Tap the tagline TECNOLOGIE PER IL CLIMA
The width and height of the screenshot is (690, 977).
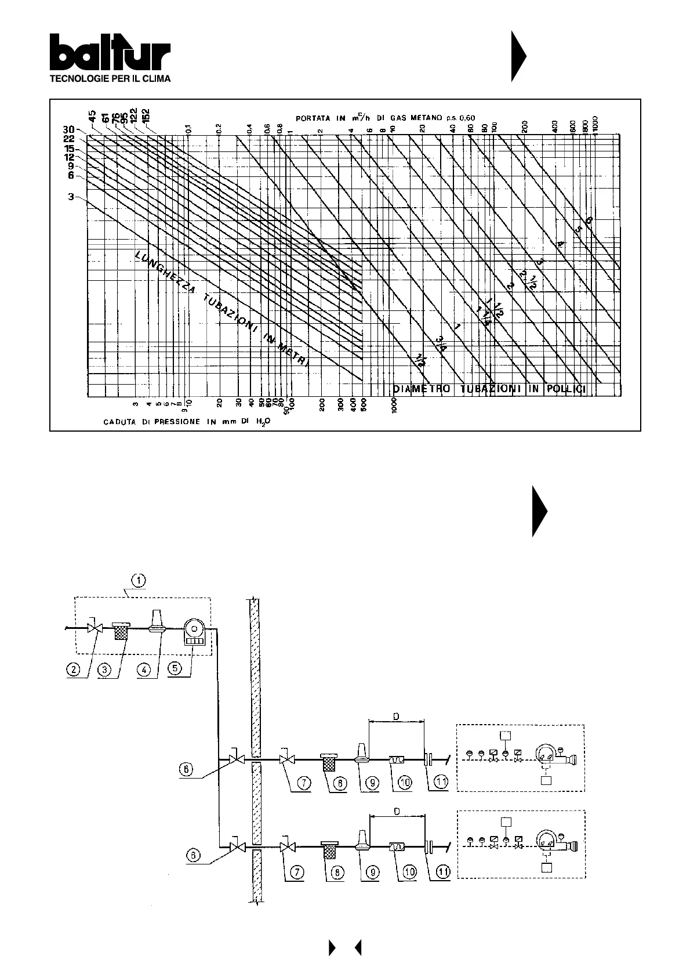pyautogui.click(x=110, y=79)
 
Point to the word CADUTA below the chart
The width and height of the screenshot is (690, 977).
pyautogui.click(x=119, y=422)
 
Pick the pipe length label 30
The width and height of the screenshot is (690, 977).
pyautogui.click(x=68, y=130)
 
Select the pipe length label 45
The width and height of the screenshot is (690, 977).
pyautogui.click(x=92, y=123)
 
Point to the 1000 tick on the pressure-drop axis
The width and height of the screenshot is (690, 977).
pyautogui.click(x=394, y=404)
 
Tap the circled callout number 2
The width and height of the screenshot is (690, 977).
pyautogui.click(x=73, y=669)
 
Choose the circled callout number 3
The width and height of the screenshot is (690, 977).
pyautogui.click(x=104, y=669)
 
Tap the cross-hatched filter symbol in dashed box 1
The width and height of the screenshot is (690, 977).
pyautogui.click(x=121, y=630)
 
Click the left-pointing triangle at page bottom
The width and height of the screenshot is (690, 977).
pyautogui.click(x=357, y=948)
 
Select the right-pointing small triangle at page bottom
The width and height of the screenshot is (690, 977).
pyautogui.click(x=332, y=948)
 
